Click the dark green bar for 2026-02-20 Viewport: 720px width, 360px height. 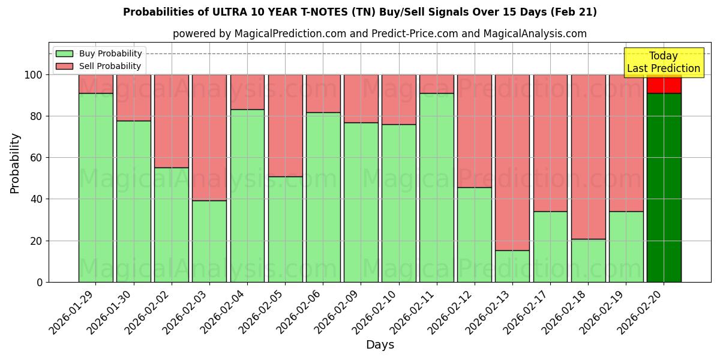click(x=664, y=187)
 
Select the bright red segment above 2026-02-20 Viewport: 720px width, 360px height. click(x=664, y=85)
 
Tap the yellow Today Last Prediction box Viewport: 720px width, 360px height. click(x=663, y=62)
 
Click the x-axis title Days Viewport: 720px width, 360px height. click(x=380, y=345)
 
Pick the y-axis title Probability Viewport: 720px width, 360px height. click(x=15, y=163)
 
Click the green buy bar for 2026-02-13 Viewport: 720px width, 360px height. click(x=512, y=266)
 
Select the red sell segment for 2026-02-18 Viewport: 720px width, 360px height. click(x=588, y=157)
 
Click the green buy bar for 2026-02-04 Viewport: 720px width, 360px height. click(x=247, y=196)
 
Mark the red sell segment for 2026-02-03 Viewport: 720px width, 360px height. click(x=209, y=137)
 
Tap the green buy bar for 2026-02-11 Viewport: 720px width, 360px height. click(x=436, y=187)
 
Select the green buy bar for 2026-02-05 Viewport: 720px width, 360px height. click(x=285, y=229)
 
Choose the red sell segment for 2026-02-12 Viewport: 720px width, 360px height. click(x=474, y=131)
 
